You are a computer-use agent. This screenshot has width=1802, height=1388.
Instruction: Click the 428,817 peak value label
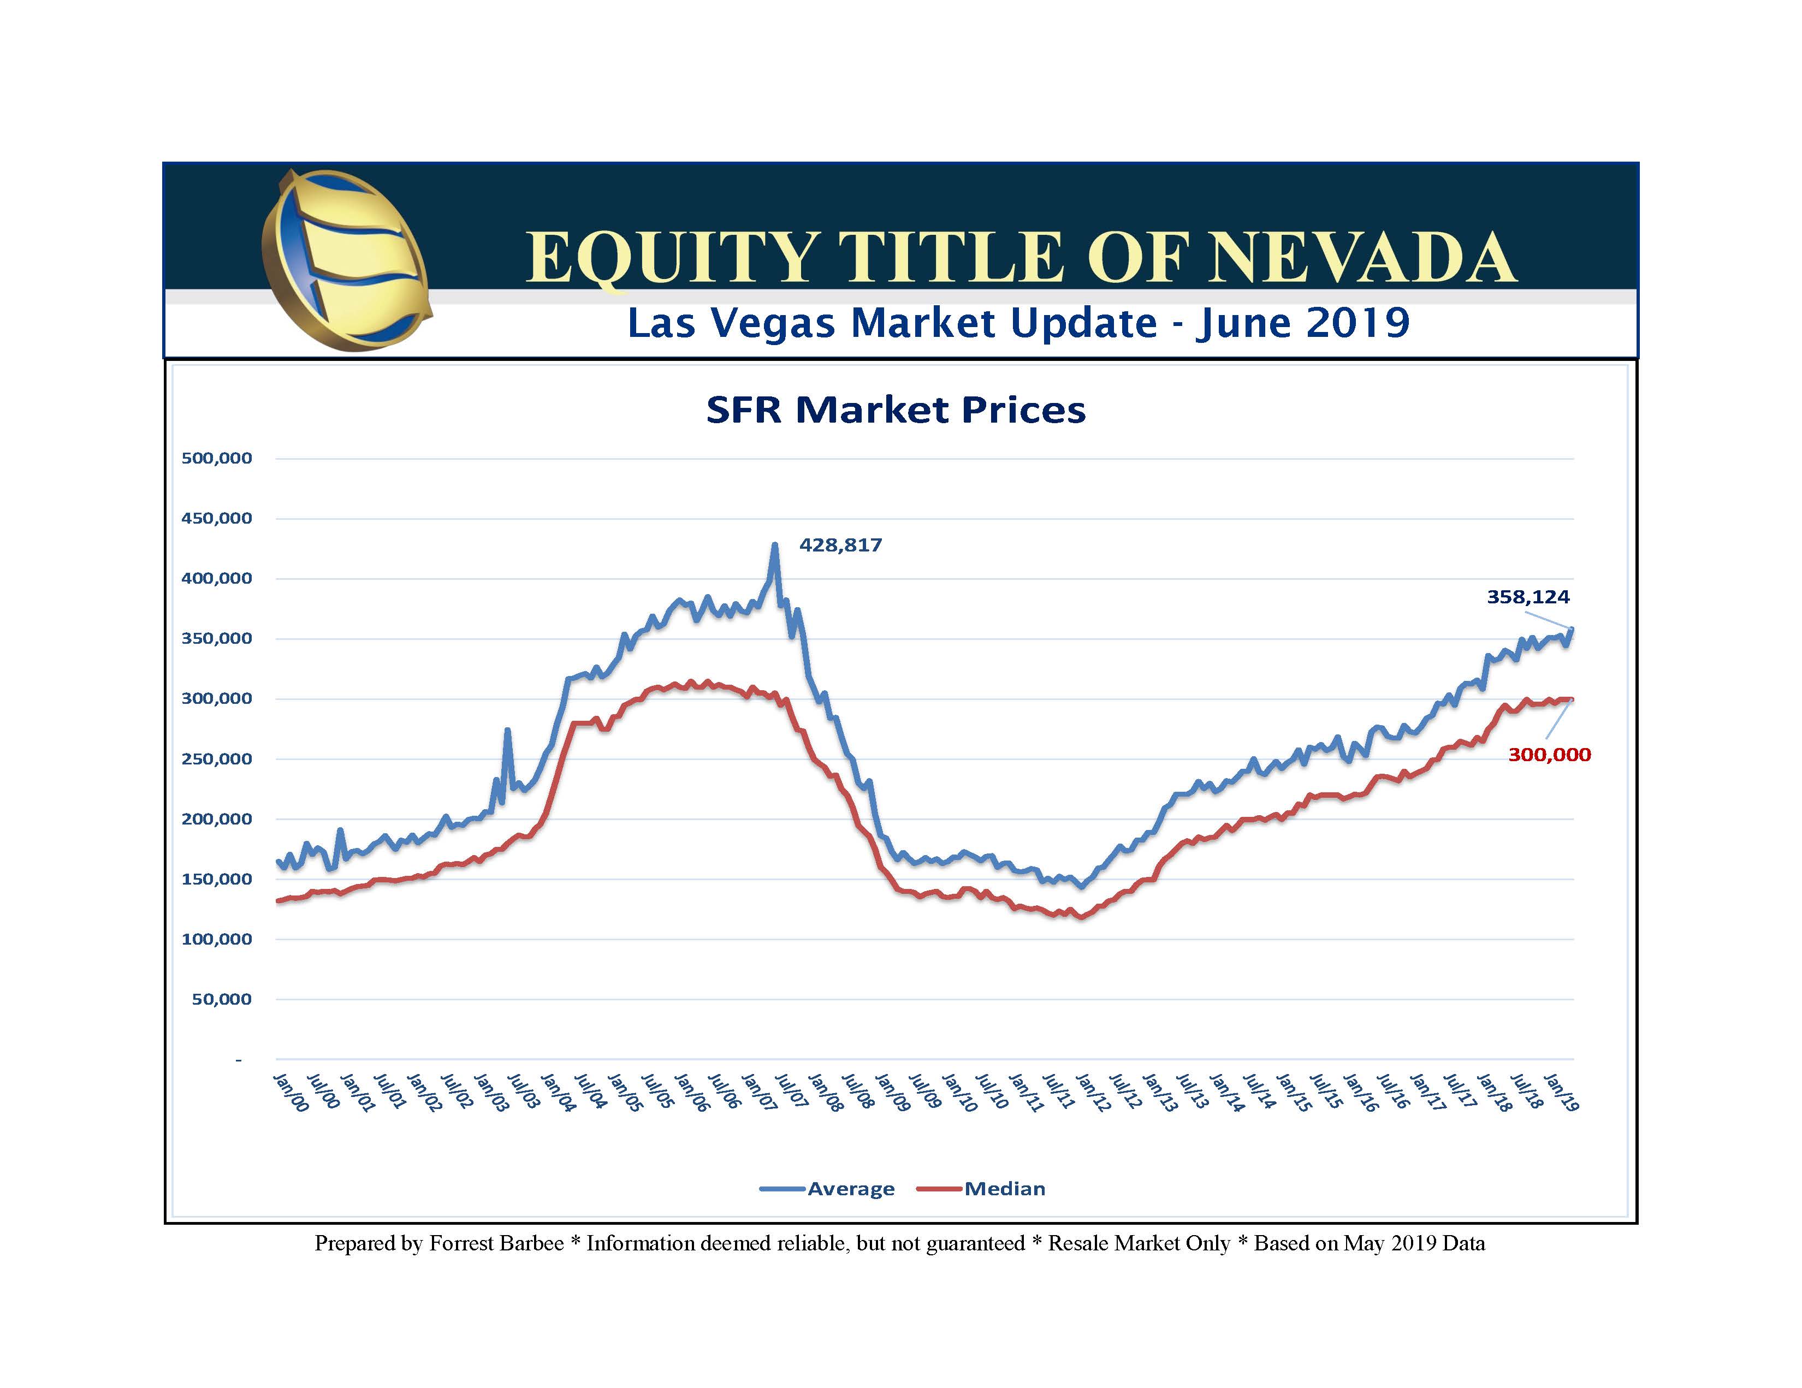[x=840, y=545]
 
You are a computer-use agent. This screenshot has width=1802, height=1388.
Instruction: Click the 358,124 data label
[x=1527, y=597]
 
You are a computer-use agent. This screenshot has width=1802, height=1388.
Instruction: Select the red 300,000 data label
[x=1549, y=754]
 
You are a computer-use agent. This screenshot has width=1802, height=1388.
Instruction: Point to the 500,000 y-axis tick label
[x=216, y=459]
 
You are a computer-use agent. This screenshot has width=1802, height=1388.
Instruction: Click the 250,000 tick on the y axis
[x=216, y=759]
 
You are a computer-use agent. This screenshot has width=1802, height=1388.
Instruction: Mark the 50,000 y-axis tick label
[x=221, y=999]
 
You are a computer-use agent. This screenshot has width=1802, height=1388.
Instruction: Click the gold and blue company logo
[x=345, y=260]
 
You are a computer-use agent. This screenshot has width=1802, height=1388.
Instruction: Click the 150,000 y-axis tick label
[x=216, y=879]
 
